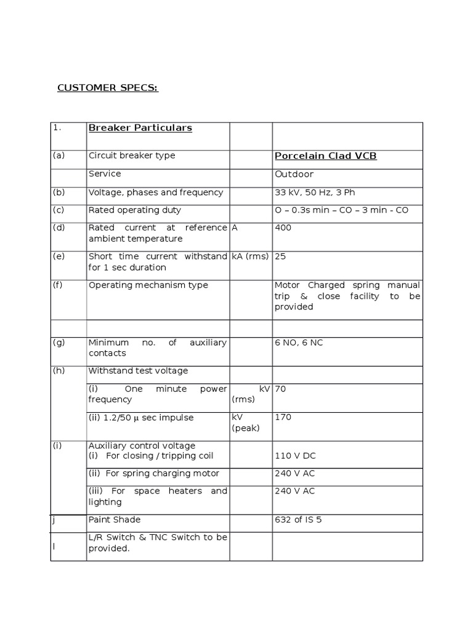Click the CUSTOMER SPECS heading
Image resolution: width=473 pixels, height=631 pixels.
coord(108,88)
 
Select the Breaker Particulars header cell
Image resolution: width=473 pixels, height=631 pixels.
coord(140,128)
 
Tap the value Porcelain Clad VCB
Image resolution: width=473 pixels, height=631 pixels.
coord(325,156)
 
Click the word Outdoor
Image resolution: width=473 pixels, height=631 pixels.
coord(294,174)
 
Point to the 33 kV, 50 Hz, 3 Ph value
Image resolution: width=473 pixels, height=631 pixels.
coord(310,192)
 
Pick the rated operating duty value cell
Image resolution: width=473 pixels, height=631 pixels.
coord(341,210)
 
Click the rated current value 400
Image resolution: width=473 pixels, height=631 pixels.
coord(283,228)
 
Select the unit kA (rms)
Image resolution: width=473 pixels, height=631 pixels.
coord(250,256)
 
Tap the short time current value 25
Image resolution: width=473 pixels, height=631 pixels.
coord(280,256)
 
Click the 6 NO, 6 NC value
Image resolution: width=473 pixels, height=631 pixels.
coord(299,343)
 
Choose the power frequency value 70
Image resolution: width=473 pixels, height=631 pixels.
coord(280,389)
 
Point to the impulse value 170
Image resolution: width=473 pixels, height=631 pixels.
coord(283,417)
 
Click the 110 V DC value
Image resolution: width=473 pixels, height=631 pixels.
coord(295,456)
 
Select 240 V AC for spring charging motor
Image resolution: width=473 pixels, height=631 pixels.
coord(295,473)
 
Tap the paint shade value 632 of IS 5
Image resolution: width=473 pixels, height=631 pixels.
coord(298,519)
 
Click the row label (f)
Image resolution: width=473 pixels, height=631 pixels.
coord(59,285)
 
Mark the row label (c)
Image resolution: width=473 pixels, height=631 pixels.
coord(59,210)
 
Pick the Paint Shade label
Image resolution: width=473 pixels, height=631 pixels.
coord(115,519)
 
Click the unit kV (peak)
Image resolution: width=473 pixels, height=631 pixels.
coord(245,422)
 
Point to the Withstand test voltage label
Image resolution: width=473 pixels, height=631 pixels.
coord(138,371)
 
